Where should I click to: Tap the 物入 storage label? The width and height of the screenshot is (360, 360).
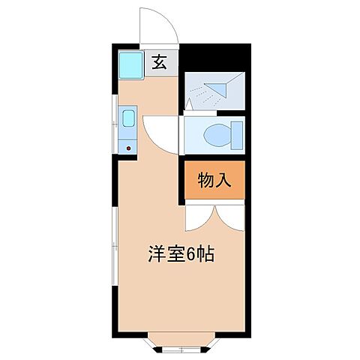click(214, 180)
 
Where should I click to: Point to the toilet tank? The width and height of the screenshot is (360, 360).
click(237, 136)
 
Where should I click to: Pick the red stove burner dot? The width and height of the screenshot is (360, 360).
click(128, 148)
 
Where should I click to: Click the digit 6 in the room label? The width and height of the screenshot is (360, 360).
click(193, 254)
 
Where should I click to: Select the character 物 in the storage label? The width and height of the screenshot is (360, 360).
click(205, 180)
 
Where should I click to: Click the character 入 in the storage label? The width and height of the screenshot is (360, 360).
click(223, 180)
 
